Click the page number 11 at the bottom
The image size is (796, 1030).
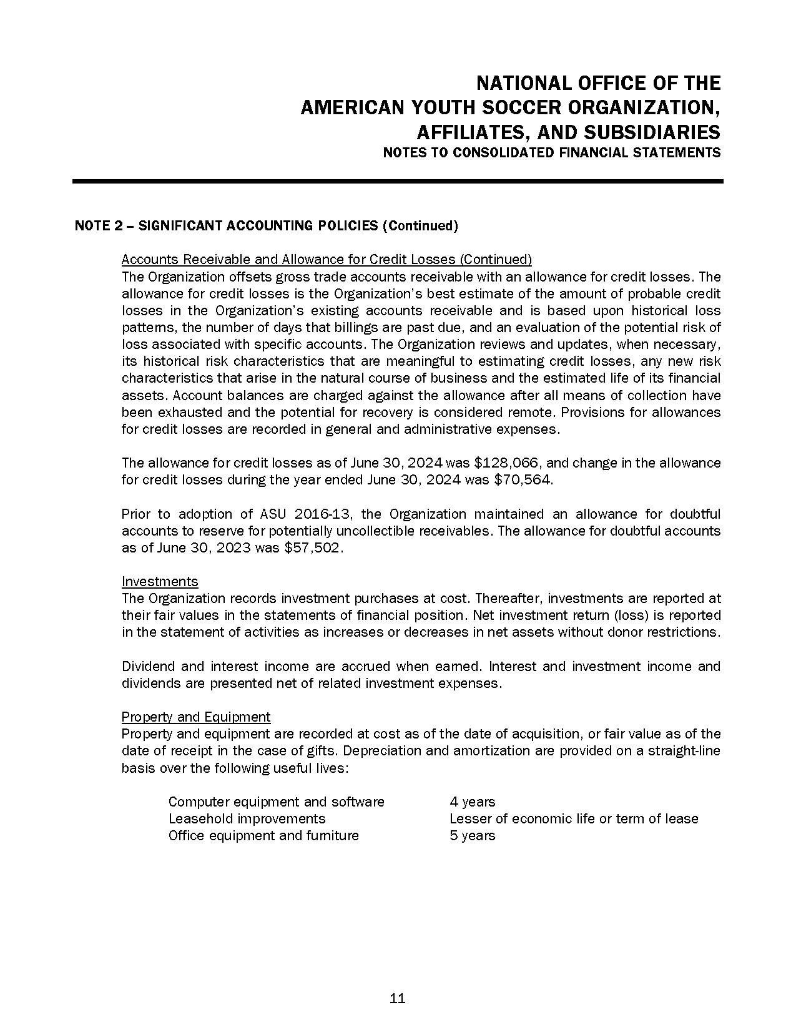pyautogui.click(x=397, y=998)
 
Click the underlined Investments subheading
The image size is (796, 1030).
pyautogui.click(x=160, y=582)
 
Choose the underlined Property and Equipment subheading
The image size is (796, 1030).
pyautogui.click(x=196, y=717)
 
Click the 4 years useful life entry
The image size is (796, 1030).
pyautogui.click(x=472, y=802)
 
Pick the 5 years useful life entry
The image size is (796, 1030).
pyautogui.click(x=472, y=835)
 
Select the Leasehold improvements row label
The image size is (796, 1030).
pyautogui.click(x=247, y=818)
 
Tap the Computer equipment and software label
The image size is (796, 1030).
pyautogui.click(x=276, y=802)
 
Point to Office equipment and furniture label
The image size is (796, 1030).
pyautogui.click(x=263, y=835)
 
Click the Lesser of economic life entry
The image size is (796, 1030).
pyautogui.click(x=573, y=818)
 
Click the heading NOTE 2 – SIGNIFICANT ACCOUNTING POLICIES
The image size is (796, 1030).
pyautogui.click(x=266, y=226)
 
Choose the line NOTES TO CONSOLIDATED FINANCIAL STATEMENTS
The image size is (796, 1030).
pyautogui.click(x=551, y=153)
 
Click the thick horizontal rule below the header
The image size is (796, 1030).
pyautogui.click(x=398, y=182)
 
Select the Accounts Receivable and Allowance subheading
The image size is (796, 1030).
pyautogui.click(x=327, y=259)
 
